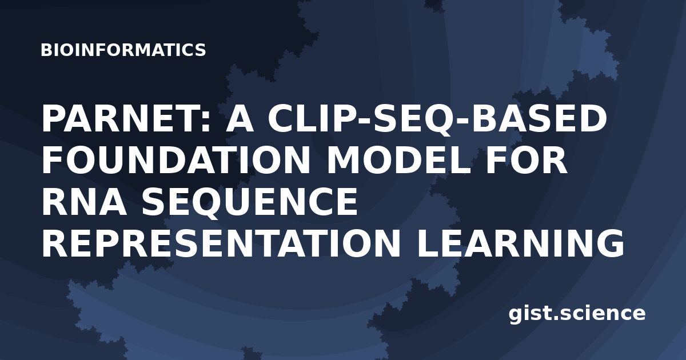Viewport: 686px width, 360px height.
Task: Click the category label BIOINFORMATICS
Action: coord(123,50)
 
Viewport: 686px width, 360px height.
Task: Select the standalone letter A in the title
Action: coord(240,118)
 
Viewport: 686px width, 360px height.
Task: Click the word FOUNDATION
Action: coord(176,161)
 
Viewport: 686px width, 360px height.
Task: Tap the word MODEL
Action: coord(398,161)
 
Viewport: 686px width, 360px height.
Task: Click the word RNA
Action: coord(84,202)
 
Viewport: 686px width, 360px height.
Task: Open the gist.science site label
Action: coord(577,314)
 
